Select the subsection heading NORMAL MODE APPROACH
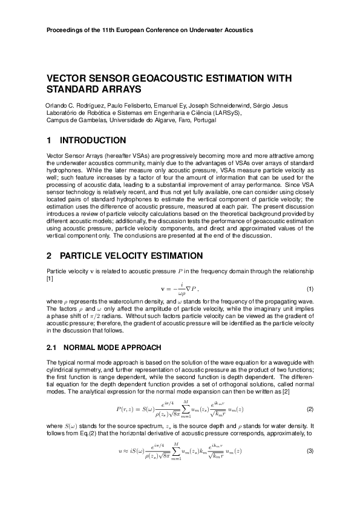point(112,348)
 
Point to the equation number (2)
point(309,410)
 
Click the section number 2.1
point(51,348)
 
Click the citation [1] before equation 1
point(50,277)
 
